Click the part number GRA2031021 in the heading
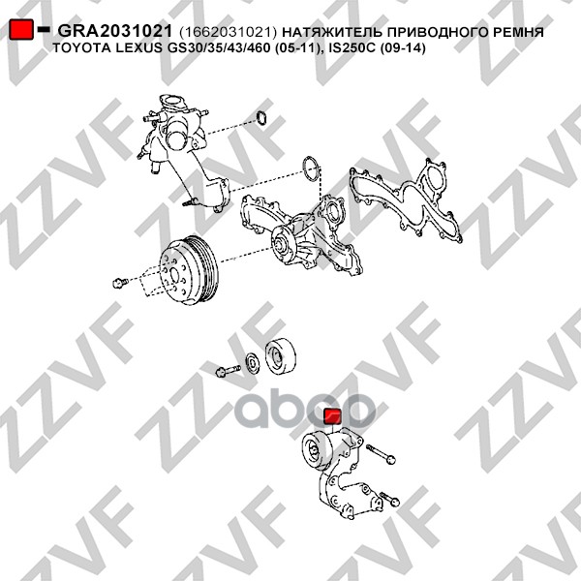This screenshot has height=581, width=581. pyautogui.click(x=115, y=31)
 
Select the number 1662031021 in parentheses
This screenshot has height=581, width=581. pyautogui.click(x=228, y=32)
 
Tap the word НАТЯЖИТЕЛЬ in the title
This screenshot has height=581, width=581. pyautogui.click(x=332, y=32)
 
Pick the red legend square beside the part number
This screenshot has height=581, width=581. pyautogui.click(x=21, y=30)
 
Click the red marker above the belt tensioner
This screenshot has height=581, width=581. pyautogui.click(x=333, y=416)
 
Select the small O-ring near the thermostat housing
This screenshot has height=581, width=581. pyautogui.click(x=262, y=117)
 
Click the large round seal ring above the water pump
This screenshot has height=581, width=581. pyautogui.click(x=311, y=168)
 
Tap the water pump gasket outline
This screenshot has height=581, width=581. pyautogui.click(x=406, y=200)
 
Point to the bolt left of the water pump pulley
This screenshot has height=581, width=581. pyautogui.click(x=120, y=283)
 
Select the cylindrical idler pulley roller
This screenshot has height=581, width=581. pyautogui.click(x=281, y=355)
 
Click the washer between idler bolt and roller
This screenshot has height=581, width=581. pyautogui.click(x=253, y=363)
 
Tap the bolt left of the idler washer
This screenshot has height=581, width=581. pyautogui.click(x=228, y=370)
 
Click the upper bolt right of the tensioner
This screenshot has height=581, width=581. pyautogui.click(x=381, y=454)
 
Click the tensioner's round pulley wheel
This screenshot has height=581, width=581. pyautogui.click(x=315, y=449)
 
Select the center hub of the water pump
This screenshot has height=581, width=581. pyautogui.click(x=279, y=246)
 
